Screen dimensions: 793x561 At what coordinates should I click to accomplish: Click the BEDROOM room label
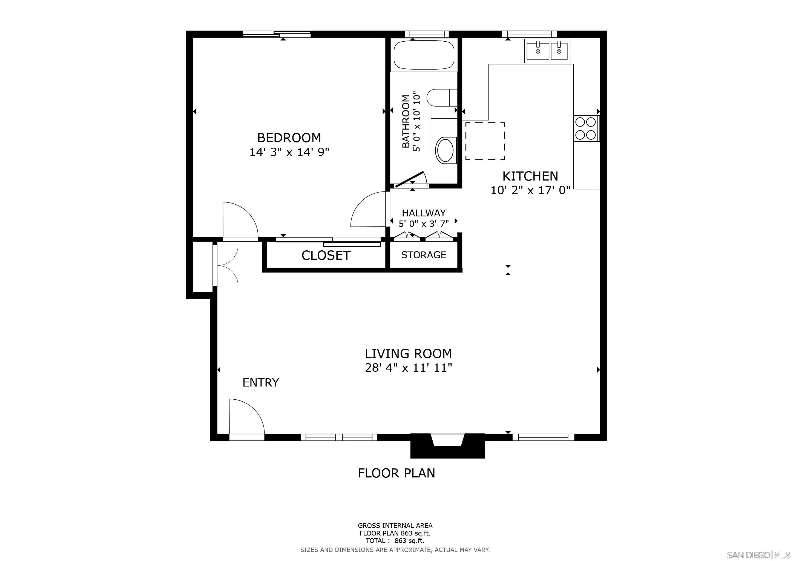click(289, 138)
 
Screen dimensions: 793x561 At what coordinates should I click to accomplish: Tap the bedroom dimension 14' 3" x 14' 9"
click(289, 152)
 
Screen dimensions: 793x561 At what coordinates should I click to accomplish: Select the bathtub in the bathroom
click(424, 55)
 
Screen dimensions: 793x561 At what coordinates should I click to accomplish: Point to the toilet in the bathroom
click(442, 98)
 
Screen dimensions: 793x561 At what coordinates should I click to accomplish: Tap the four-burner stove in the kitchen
click(587, 128)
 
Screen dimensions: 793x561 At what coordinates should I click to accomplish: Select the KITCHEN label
click(530, 176)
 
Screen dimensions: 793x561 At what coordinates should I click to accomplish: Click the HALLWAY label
click(424, 213)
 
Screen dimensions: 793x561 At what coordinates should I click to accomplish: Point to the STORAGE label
click(424, 255)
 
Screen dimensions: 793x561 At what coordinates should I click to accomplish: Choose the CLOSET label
click(326, 256)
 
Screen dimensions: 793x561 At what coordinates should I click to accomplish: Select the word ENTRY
click(261, 382)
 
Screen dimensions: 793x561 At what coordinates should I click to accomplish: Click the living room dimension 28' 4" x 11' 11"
click(409, 368)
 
